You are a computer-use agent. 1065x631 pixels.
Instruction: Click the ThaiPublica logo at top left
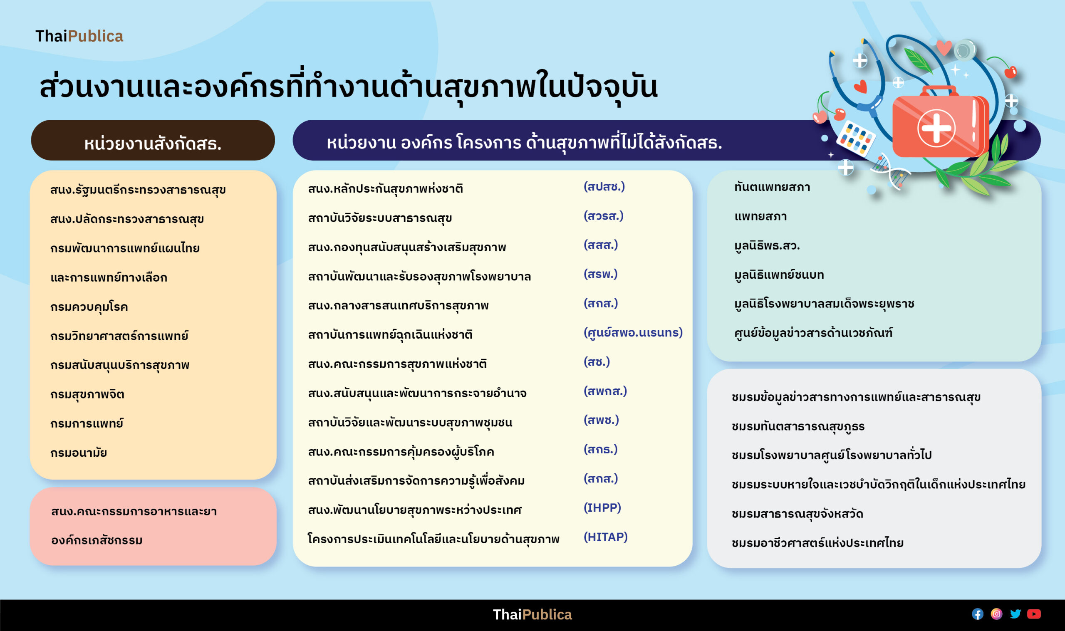coord(79,36)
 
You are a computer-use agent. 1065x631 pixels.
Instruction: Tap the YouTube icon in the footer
coord(1034,614)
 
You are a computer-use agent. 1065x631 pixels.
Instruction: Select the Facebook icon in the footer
coord(977,614)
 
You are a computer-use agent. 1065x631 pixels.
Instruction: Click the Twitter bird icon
coord(1015,614)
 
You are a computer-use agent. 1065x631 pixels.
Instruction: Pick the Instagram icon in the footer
coord(996,614)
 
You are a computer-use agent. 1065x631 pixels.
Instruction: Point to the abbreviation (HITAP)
coord(605,537)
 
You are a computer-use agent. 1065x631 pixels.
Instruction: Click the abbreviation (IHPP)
coord(602,508)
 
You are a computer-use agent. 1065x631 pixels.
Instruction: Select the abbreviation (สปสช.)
coord(604,187)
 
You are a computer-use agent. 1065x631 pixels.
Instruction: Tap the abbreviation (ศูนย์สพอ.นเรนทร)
coord(633,332)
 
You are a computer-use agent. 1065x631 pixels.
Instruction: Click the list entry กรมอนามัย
coord(79,453)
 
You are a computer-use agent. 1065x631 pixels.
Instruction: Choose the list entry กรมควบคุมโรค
coord(89,307)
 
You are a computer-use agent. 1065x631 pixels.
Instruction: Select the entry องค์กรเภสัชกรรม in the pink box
coord(97,540)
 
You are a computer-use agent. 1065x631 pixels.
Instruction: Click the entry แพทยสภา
coord(760,216)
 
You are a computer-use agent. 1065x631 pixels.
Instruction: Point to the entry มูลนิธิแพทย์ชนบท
coord(779,275)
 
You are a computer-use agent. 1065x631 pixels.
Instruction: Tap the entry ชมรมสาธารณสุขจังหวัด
coord(797,514)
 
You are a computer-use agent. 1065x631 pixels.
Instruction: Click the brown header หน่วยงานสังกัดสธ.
coord(153,140)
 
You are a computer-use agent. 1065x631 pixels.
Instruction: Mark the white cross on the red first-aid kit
coord(936,128)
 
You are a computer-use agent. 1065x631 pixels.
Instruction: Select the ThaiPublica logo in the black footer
coord(532,614)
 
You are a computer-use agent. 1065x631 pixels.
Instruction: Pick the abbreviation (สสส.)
coord(601,245)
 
